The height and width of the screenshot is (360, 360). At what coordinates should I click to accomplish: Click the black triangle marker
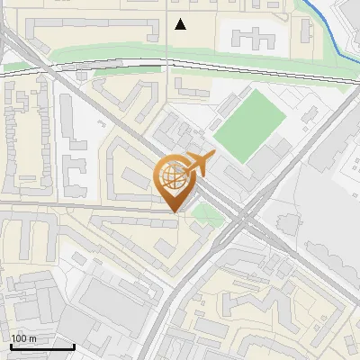181,24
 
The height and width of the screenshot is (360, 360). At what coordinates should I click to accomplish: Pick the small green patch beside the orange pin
207,214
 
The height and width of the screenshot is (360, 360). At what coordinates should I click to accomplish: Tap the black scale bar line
41,346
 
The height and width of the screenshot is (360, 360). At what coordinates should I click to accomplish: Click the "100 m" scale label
24,338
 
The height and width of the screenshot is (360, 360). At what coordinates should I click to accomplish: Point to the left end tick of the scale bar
11,344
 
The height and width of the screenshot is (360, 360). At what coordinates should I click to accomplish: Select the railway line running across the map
108,61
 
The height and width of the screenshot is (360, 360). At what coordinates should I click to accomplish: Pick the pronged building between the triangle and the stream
254,37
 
